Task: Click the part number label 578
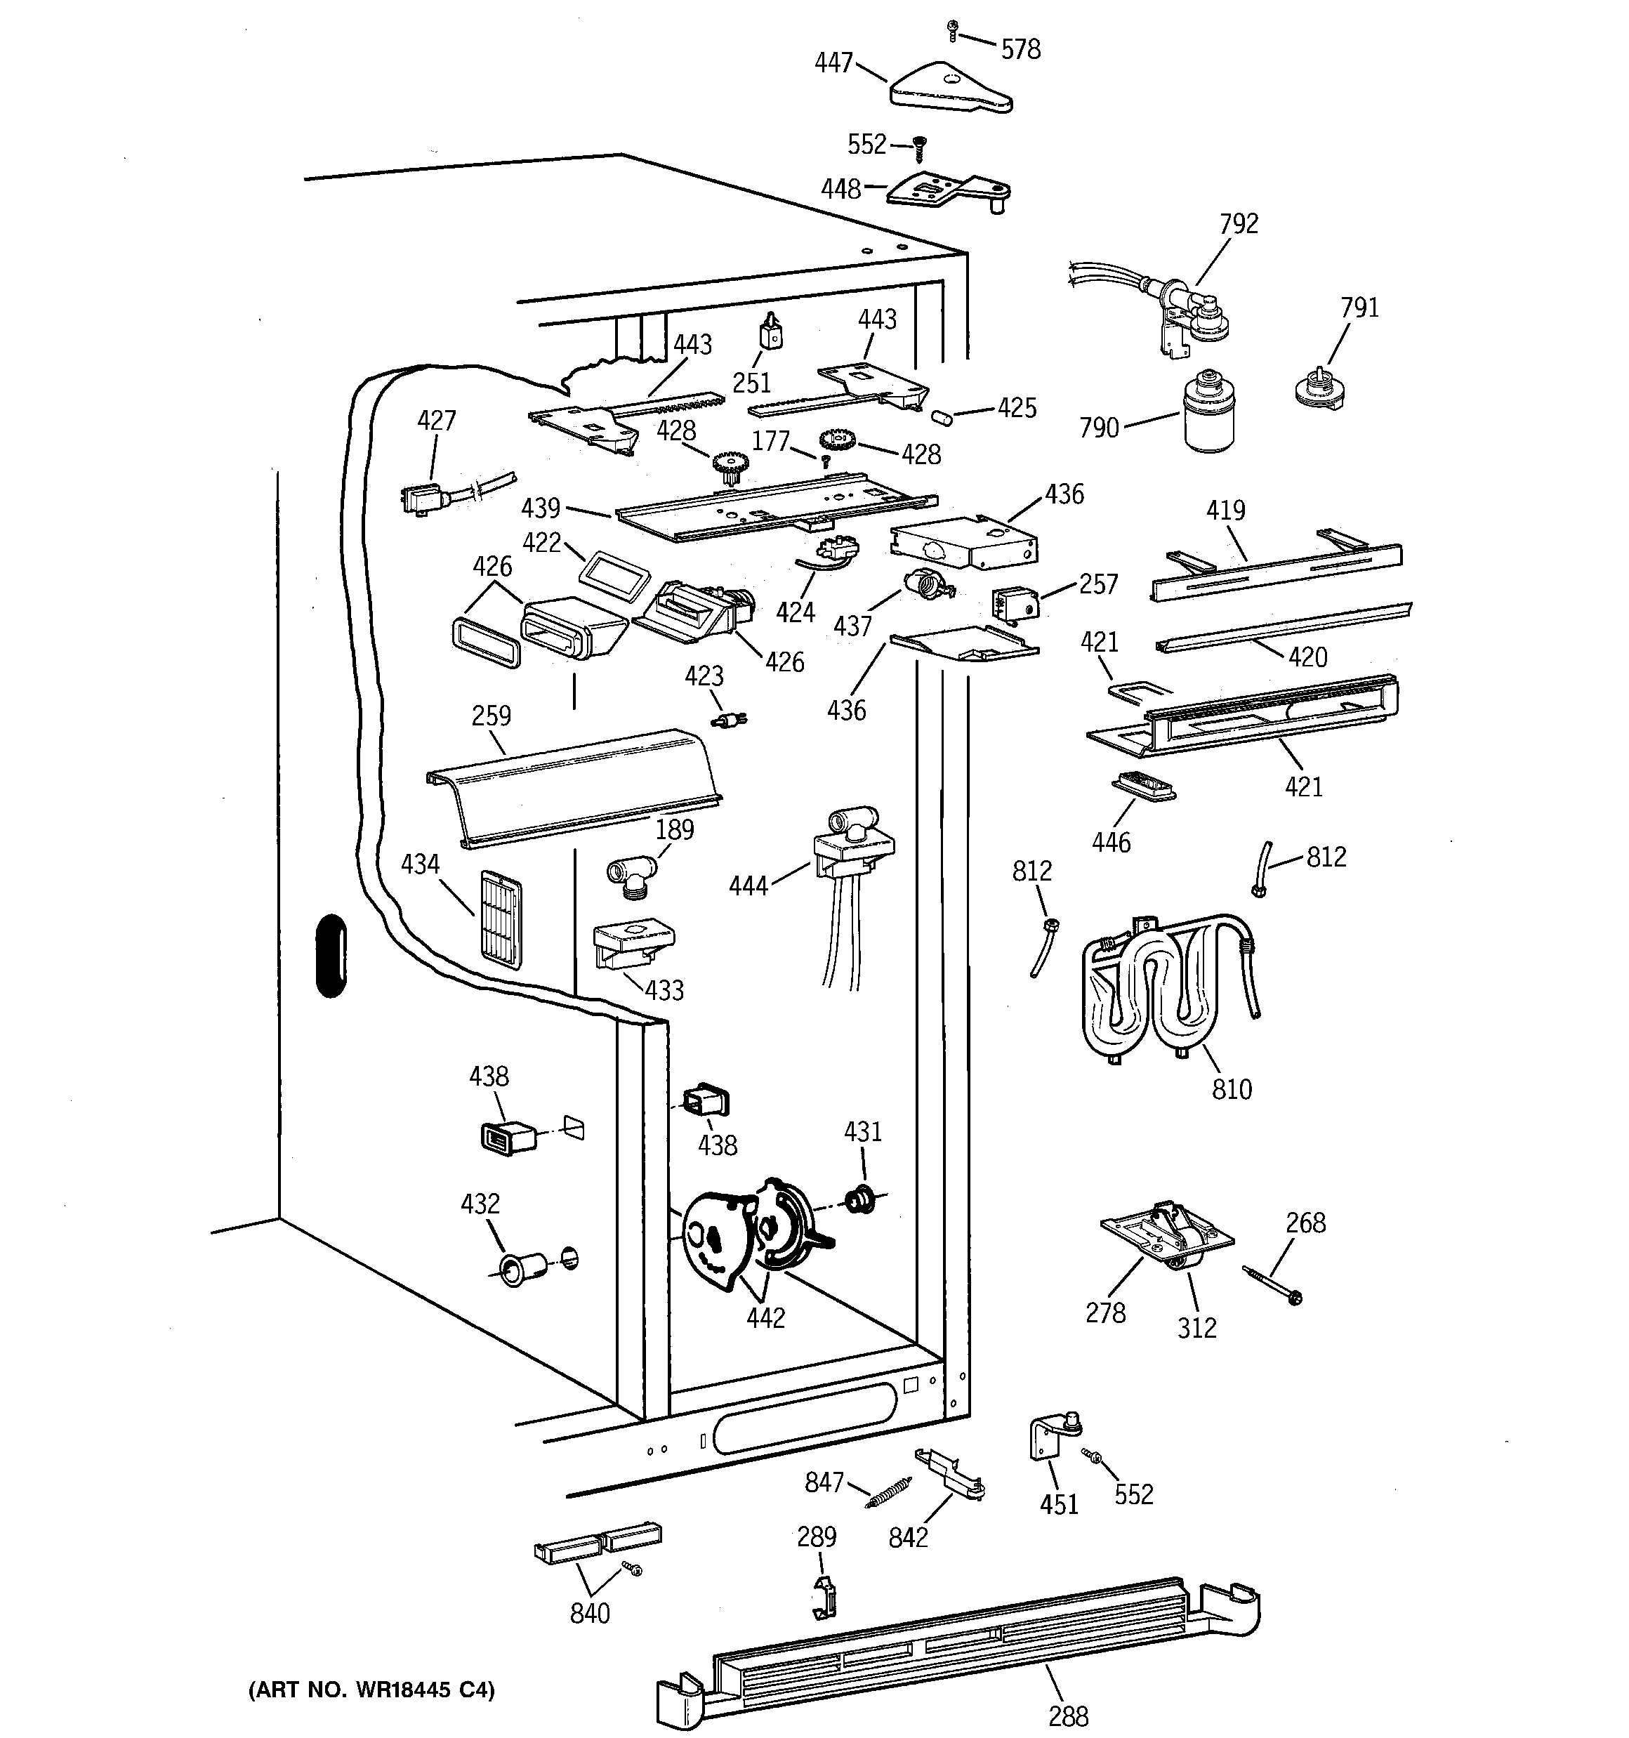[x=1020, y=49]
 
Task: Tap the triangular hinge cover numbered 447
[x=951, y=87]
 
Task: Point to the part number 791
[x=1359, y=308]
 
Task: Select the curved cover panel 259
[x=574, y=786]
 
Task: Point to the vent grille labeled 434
[x=500, y=920]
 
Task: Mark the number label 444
[x=748, y=886]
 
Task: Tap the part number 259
[x=492, y=716]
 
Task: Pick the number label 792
[x=1239, y=224]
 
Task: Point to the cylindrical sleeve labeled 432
[x=521, y=1267]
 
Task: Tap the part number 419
[x=1225, y=511]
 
